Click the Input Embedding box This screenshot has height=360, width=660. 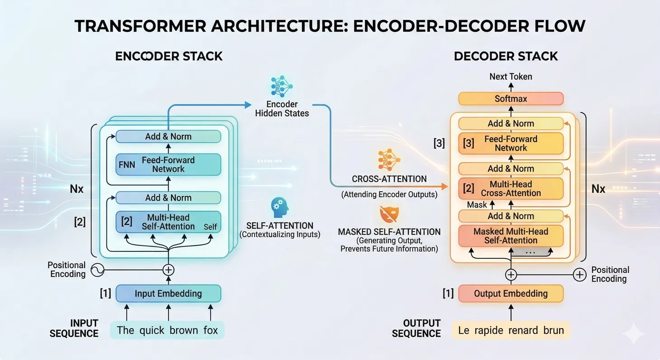click(x=168, y=294)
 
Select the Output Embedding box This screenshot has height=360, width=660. click(x=511, y=294)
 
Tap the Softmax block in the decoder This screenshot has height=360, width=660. click(x=511, y=99)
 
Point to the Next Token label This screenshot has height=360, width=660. click(x=511, y=76)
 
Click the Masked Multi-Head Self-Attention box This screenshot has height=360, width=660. click(x=511, y=236)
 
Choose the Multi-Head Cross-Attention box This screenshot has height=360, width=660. click(x=511, y=189)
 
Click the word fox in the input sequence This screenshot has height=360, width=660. click(x=211, y=331)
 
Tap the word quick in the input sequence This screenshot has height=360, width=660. click(x=152, y=331)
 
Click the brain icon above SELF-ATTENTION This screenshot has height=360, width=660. click(x=279, y=206)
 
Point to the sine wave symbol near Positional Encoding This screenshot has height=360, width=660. click(x=98, y=270)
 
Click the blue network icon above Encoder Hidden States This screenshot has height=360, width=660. click(x=282, y=86)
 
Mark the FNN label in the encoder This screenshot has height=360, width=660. click(x=127, y=165)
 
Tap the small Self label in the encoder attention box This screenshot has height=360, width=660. click(x=210, y=227)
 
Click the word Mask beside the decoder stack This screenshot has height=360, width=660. click(x=477, y=205)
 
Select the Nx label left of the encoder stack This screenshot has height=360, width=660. click(x=77, y=189)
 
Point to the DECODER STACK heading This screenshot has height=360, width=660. click(x=506, y=57)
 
